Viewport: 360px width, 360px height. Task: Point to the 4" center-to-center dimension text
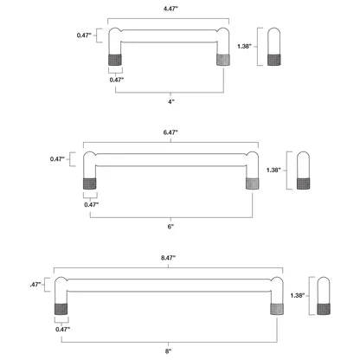click(171, 102)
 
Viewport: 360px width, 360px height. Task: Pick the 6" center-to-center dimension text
click(171, 226)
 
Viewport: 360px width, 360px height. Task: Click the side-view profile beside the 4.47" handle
click(275, 47)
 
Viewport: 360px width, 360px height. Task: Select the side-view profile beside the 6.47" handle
click(303, 170)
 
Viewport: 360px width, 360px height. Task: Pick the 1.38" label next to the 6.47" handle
click(274, 170)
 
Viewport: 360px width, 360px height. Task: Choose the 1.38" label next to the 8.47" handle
click(297, 294)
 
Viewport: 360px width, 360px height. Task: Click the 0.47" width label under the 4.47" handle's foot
click(117, 80)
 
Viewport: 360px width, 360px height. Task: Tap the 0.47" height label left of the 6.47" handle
click(58, 159)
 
